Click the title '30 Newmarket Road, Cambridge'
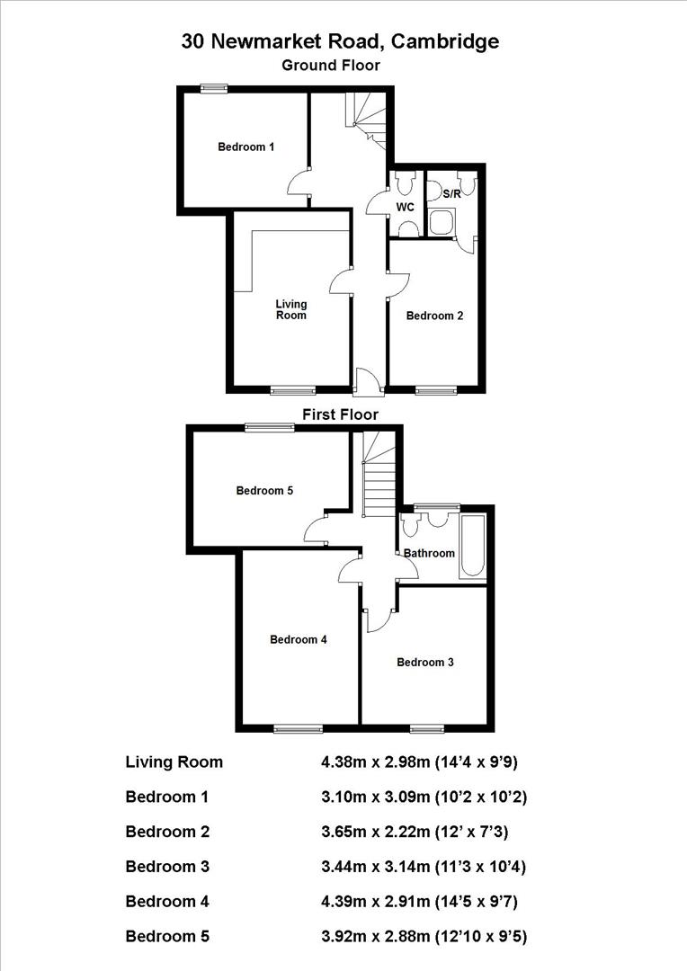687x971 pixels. [340, 41]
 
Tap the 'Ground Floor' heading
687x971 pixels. [331, 65]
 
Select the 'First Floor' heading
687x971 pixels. [340, 414]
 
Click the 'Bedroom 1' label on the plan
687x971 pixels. [246, 147]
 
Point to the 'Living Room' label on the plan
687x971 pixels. [290, 309]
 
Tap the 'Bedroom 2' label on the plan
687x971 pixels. [434, 316]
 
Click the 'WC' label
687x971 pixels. [406, 207]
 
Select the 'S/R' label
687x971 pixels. [440, 192]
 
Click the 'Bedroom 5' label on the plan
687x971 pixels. [264, 491]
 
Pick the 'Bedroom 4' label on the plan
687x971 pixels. [299, 640]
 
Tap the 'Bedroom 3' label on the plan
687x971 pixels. [425, 663]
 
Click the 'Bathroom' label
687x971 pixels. [429, 553]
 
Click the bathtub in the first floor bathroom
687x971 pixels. [472, 546]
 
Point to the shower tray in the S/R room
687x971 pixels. [442, 222]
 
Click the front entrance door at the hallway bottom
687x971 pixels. [367, 382]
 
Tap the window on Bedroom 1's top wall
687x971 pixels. [213, 87]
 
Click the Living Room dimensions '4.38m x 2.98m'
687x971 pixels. [376, 762]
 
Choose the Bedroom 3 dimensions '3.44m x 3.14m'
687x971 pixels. [376, 867]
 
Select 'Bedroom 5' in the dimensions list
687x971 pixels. [167, 937]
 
